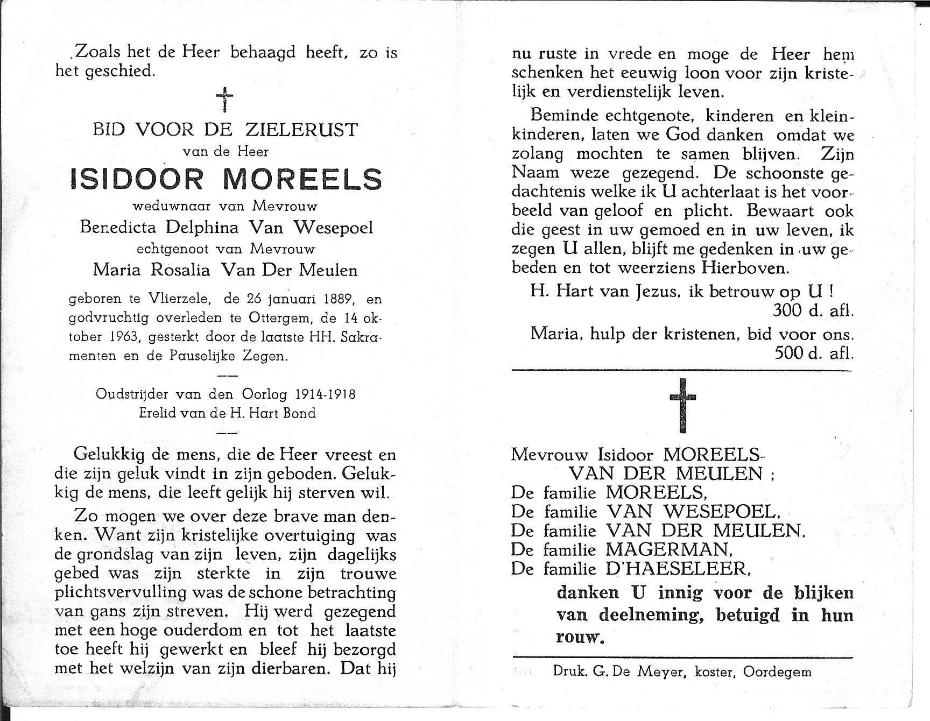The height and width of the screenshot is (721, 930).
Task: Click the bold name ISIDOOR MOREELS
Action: [x=226, y=179]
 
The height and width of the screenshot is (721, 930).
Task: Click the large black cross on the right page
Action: [x=682, y=405]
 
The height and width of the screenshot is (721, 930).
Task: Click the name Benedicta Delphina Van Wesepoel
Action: [x=226, y=228]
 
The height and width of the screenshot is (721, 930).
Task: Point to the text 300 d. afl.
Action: [x=813, y=310]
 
